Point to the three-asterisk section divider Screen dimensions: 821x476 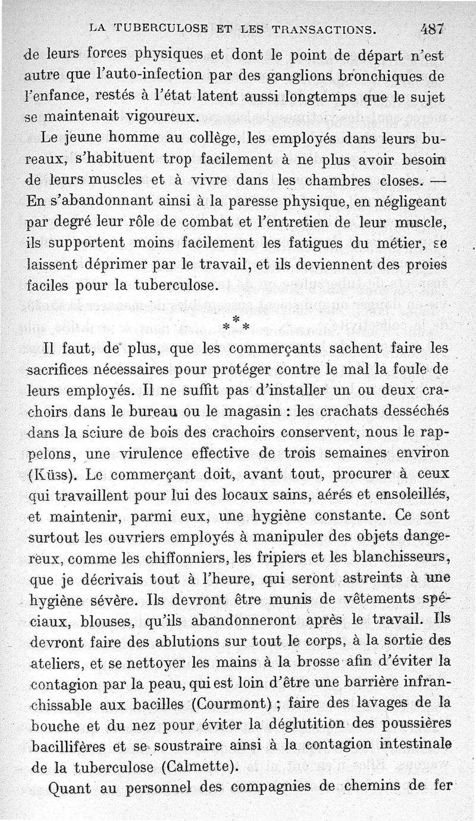(x=236, y=325)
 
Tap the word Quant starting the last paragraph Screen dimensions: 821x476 (x=70, y=789)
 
